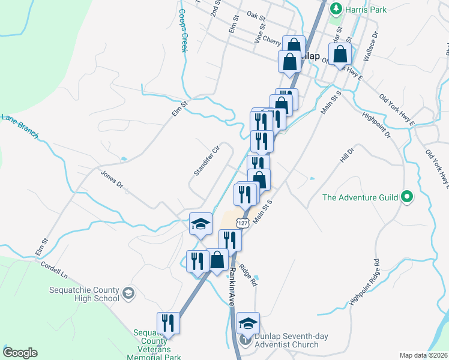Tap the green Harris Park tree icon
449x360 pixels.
point(336,8)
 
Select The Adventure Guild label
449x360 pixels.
point(360,197)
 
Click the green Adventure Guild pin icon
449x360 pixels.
point(407,196)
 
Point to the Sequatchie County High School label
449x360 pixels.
point(83,294)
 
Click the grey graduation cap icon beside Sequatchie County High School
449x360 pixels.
point(128,293)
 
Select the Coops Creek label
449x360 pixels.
point(182,30)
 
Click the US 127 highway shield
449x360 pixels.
point(242,223)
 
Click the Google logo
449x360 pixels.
point(20,353)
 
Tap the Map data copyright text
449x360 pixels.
point(423,355)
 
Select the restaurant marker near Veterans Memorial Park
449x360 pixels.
point(168,324)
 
